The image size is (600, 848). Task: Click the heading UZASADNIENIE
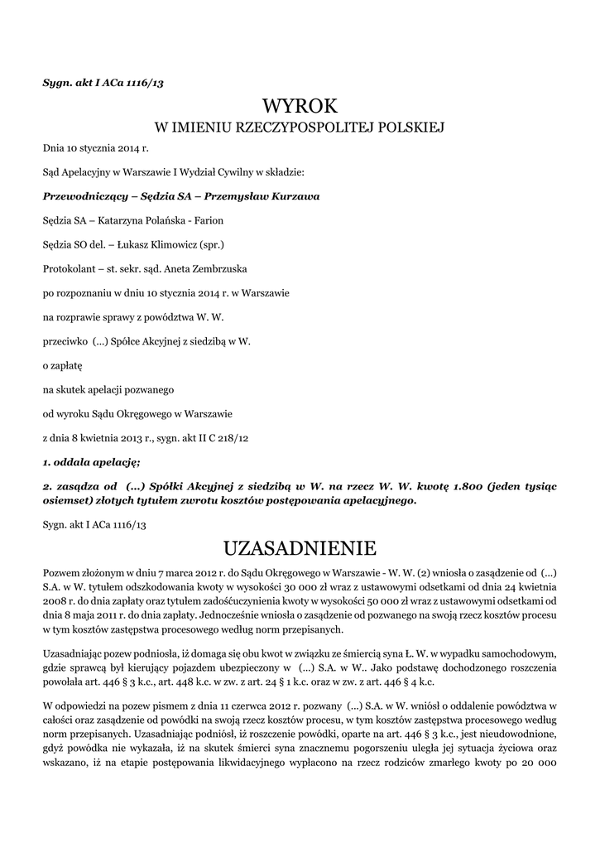coord(300,548)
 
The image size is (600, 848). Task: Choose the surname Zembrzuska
coord(216,269)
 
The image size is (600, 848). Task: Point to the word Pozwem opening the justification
coord(60,571)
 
